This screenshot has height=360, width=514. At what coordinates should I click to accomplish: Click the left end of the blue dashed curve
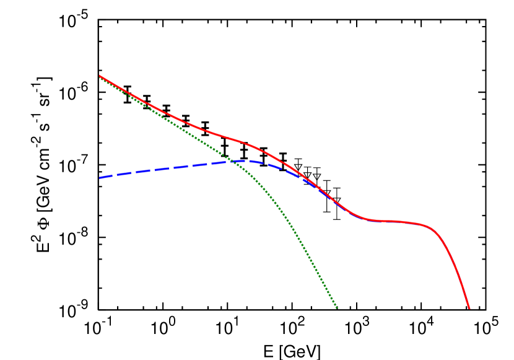click(100, 178)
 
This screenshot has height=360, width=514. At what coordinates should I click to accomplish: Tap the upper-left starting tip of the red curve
click(100, 76)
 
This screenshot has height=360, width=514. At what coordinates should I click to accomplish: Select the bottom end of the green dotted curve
click(336, 307)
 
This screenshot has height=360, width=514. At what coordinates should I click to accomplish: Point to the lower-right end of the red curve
click(469, 308)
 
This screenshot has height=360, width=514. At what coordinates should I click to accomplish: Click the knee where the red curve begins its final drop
click(433, 228)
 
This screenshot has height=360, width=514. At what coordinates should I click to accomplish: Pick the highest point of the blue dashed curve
click(243, 160)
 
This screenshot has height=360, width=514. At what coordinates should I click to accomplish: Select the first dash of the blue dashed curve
click(104, 177)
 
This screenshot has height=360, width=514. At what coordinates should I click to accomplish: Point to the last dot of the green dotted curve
click(336, 307)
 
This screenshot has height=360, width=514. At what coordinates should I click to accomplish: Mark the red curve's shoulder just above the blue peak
click(245, 143)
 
